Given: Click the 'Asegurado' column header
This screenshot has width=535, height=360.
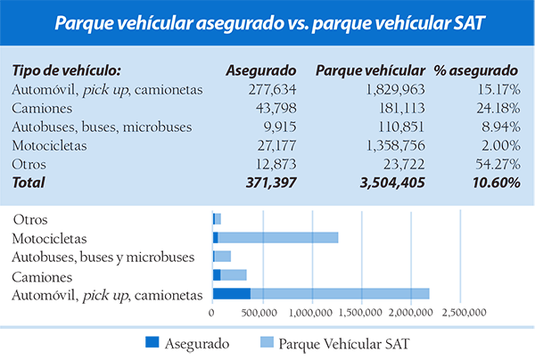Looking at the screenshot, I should pos(260,70).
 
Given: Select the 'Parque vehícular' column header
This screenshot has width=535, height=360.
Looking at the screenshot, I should pos(370,70).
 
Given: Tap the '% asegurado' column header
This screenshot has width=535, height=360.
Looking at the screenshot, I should pos(475,70).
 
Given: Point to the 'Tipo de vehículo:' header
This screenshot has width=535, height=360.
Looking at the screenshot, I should pos(68,70).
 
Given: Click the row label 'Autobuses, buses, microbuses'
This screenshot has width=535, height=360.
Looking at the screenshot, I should pos(103,127).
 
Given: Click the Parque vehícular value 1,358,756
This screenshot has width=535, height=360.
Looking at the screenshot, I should pos(388,145).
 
